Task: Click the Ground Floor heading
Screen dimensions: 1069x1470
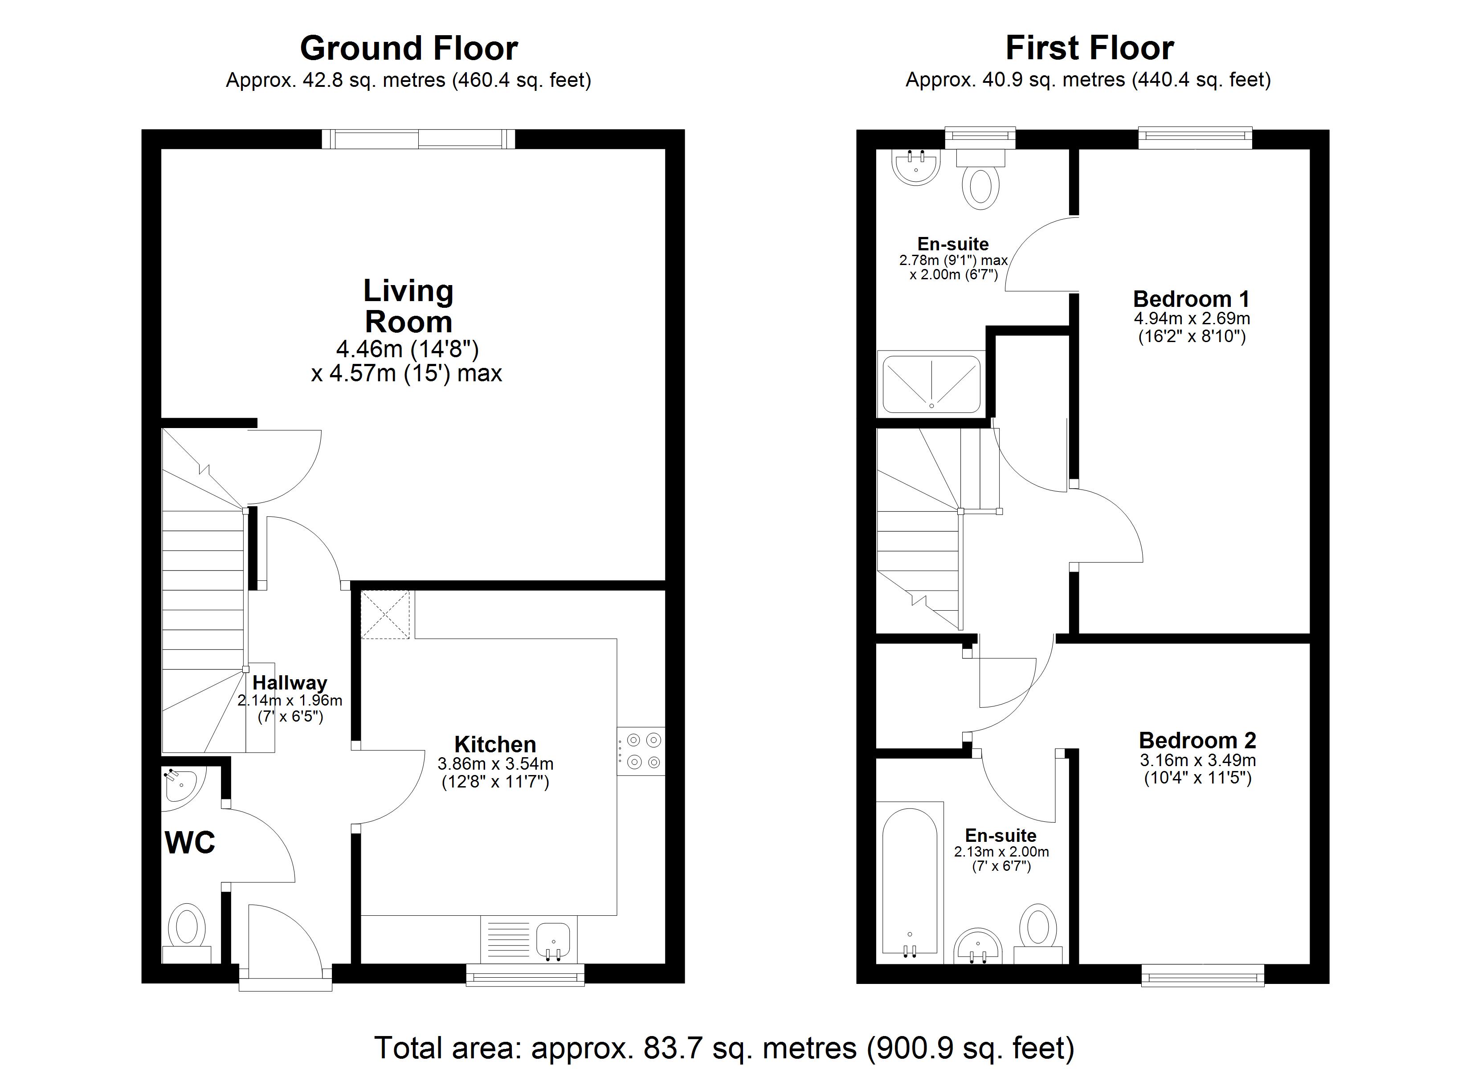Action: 408,49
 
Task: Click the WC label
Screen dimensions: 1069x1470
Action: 190,843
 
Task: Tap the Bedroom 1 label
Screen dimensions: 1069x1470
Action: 1191,299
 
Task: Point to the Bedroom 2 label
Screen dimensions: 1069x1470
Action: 1197,740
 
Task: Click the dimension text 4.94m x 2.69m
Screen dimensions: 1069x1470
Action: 1191,318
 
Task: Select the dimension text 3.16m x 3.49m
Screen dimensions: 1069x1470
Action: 1197,760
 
